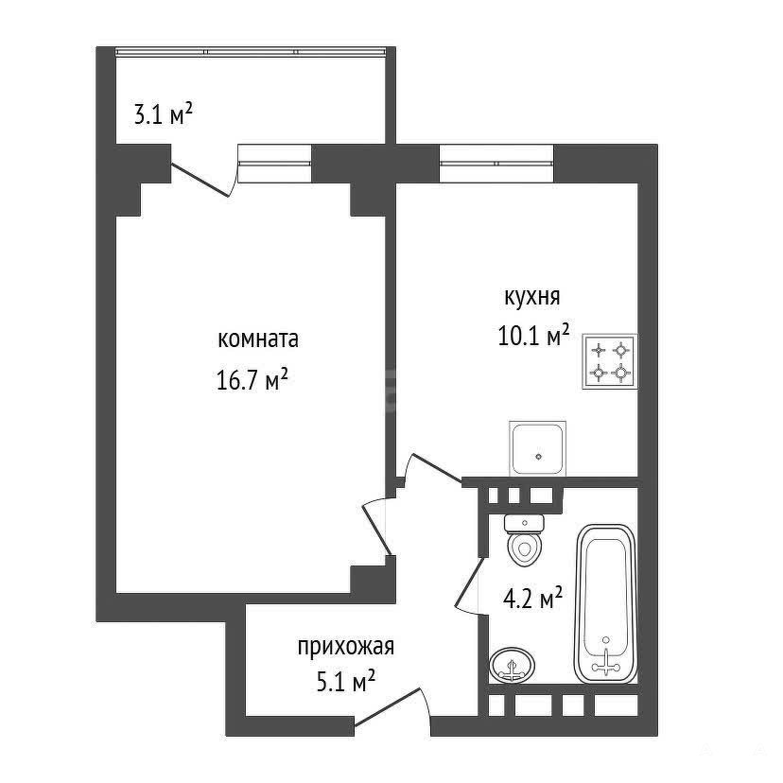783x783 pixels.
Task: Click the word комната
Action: pyautogui.click(x=258, y=339)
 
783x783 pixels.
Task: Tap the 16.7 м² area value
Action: pyautogui.click(x=252, y=379)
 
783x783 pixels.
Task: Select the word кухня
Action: pyautogui.click(x=532, y=297)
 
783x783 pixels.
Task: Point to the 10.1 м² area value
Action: pyautogui.click(x=533, y=335)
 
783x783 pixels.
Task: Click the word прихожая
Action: pyautogui.click(x=346, y=648)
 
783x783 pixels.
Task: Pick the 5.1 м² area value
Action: pyautogui.click(x=346, y=682)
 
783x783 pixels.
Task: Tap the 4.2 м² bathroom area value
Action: pyautogui.click(x=532, y=598)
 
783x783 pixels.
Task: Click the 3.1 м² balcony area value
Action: pyautogui.click(x=164, y=113)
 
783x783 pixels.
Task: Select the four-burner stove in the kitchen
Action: pyautogui.click(x=610, y=361)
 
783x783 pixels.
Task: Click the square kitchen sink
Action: pyautogui.click(x=537, y=448)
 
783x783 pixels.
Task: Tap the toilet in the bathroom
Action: pyautogui.click(x=524, y=540)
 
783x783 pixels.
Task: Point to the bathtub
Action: pyautogui.click(x=606, y=603)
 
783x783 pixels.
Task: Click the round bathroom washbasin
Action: pyautogui.click(x=512, y=665)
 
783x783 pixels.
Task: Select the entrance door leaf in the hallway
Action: pyautogui.click(x=387, y=706)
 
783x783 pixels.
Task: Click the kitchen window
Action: pyautogui.click(x=496, y=164)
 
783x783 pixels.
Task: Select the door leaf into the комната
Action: pyautogui.click(x=376, y=528)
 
